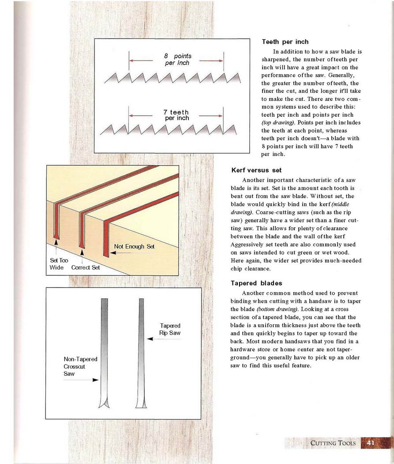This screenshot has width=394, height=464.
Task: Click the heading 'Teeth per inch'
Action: point(285,42)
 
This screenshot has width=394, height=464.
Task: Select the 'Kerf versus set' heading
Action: point(256,170)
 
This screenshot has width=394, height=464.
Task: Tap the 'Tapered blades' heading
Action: point(256,283)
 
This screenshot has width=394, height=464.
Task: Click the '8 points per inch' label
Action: point(177,60)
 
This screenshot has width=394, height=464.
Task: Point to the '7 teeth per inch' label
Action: point(176,115)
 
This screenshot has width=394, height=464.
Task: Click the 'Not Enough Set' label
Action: point(134,246)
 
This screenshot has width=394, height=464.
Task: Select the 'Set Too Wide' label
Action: point(56,264)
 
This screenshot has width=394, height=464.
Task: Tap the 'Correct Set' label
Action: point(86,267)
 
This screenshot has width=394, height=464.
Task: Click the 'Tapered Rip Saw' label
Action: point(170,329)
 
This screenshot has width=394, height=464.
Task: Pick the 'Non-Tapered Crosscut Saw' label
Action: point(80,366)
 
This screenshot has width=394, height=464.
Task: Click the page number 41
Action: point(371,443)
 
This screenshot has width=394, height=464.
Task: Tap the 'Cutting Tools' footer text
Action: point(333,443)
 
